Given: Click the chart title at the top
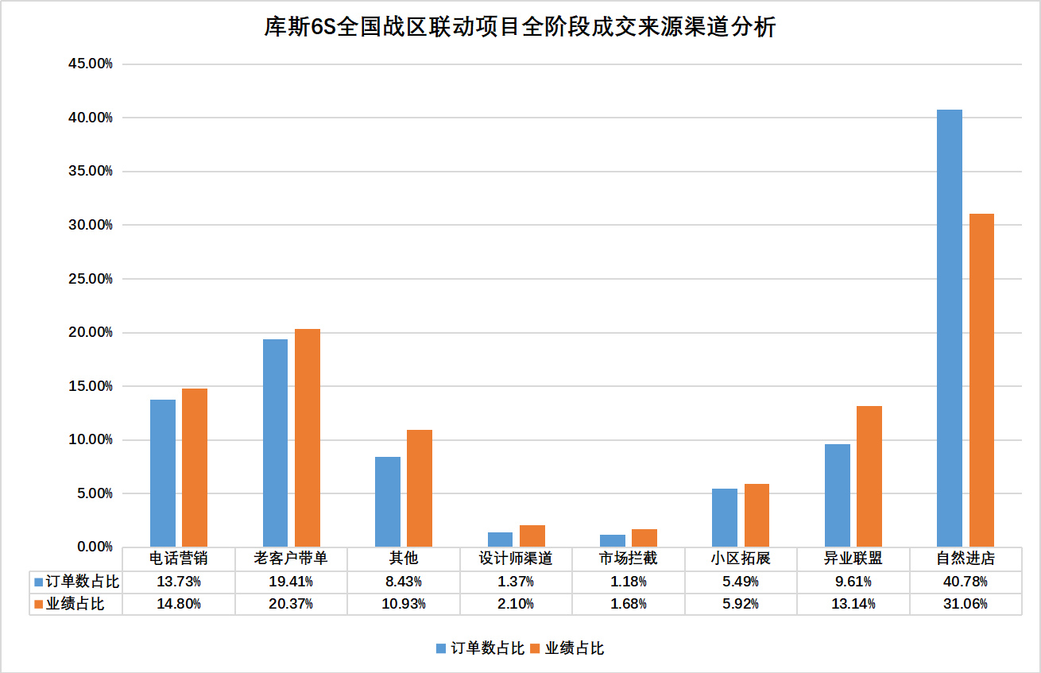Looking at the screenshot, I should [520, 28].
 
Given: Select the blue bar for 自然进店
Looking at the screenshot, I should [949, 327].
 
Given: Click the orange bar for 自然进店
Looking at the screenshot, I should [981, 380].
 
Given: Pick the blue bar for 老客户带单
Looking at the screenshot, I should [275, 443].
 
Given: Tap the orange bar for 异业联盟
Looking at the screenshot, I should [869, 476].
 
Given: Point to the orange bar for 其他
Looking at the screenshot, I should [420, 488].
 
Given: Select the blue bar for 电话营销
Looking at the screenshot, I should [163, 473].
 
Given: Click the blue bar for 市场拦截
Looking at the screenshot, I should [612, 540].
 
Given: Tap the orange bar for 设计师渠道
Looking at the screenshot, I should [532, 536].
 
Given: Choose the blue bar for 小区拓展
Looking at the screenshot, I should [724, 517].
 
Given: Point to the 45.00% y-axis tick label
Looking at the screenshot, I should [90, 64].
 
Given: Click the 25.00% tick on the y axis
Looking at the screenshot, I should [90, 279].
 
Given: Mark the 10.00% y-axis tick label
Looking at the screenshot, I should [90, 440].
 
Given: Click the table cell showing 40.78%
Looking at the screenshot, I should [965, 582].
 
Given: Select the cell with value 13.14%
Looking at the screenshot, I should [853, 604].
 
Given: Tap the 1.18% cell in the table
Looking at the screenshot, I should [628, 582].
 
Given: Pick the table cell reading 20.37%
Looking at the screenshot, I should [291, 604].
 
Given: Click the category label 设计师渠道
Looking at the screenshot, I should [516, 559].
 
